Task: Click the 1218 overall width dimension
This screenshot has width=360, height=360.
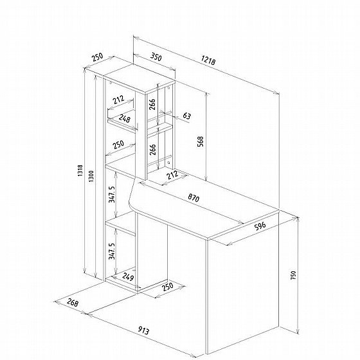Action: pyautogui.click(x=208, y=60)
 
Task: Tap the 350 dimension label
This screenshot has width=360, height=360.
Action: pyautogui.click(x=156, y=57)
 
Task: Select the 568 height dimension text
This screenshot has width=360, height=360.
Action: pyautogui.click(x=201, y=141)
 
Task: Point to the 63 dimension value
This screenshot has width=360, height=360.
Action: pyautogui.click(x=186, y=116)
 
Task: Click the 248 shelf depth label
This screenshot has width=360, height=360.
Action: pyautogui.click(x=125, y=118)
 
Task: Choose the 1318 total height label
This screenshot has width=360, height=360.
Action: pyautogui.click(x=80, y=170)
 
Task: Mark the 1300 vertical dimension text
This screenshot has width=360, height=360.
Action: pyautogui.click(x=91, y=176)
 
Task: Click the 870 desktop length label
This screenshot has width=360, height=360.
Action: pyautogui.click(x=194, y=198)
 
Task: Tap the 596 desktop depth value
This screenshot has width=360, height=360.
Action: pyautogui.click(x=260, y=226)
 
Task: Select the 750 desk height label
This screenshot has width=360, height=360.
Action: pyautogui.click(x=293, y=275)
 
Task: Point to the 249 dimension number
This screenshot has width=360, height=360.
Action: pyautogui.click(x=128, y=276)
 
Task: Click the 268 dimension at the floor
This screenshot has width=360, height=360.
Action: pyautogui.click(x=73, y=302)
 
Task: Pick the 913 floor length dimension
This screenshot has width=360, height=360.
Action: pyautogui.click(x=143, y=330)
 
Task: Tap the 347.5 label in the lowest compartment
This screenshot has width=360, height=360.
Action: pyautogui.click(x=112, y=251)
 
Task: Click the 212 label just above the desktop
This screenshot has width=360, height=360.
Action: pyautogui.click(x=172, y=175)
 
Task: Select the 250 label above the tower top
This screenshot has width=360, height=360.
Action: pyautogui.click(x=98, y=57)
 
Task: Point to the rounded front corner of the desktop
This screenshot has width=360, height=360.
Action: pyautogui.click(x=132, y=206)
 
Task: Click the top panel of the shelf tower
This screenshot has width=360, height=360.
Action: pyautogui.click(x=139, y=78)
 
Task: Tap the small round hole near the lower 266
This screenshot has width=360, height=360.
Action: pyautogui.click(x=169, y=163)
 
